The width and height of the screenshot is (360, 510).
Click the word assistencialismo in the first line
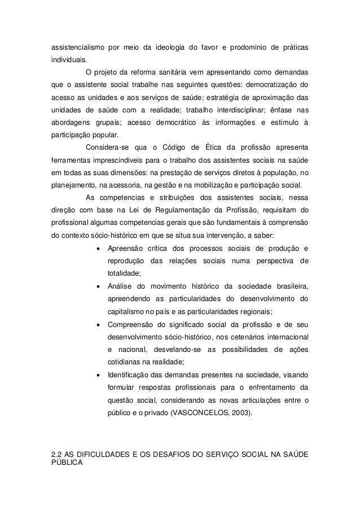click(x=76, y=45)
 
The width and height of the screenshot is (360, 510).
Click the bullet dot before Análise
click(x=99, y=286)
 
